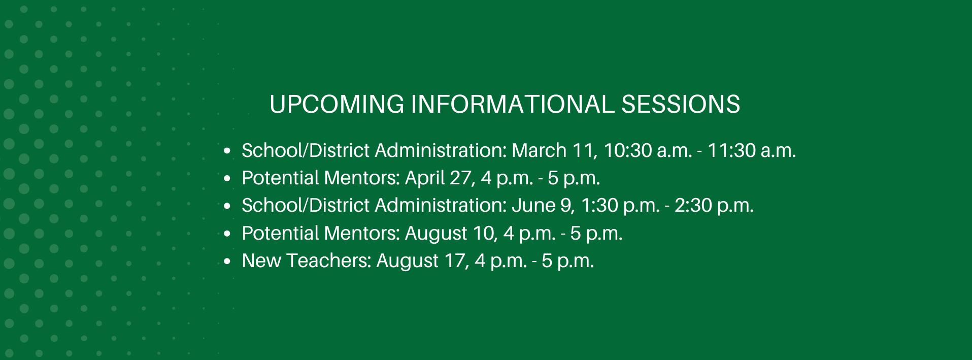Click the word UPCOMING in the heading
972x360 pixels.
coord(337,104)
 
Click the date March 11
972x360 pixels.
coord(551,151)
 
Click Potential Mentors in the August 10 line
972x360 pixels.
coord(321,234)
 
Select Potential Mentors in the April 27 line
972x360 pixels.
coord(321,178)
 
